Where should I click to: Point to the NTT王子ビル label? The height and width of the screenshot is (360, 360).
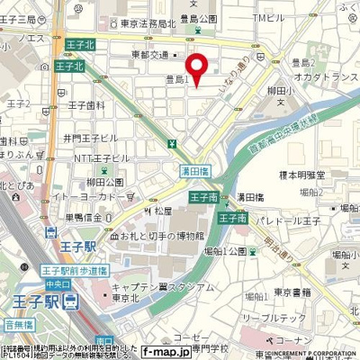tap(88, 158)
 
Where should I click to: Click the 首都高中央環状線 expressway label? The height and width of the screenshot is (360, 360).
tap(289, 126)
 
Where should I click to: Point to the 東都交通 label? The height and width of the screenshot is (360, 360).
tap(148, 54)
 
